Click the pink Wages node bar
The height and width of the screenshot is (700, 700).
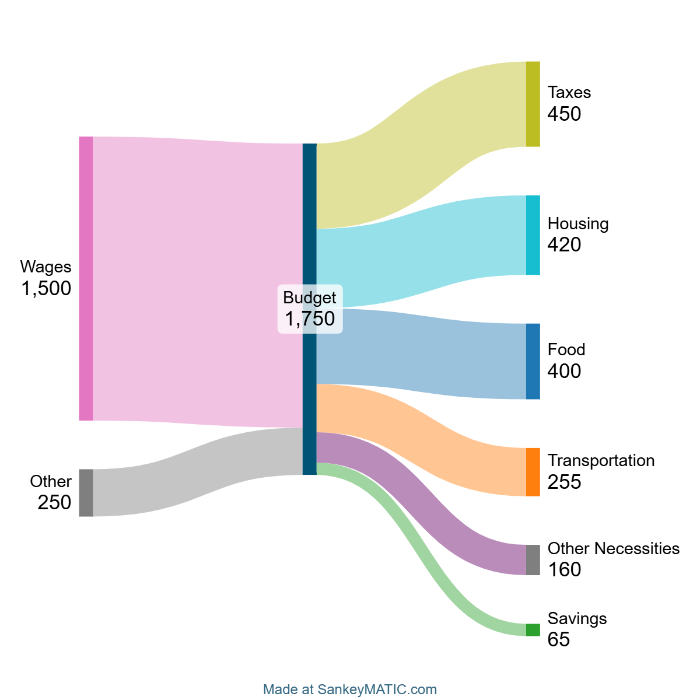click(x=86, y=278)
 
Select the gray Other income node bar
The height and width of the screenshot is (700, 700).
click(x=86, y=492)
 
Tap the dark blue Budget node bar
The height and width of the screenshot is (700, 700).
click(x=310, y=233)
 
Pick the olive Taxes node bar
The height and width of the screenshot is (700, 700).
click(x=533, y=104)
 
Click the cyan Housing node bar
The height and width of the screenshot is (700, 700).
click(x=533, y=235)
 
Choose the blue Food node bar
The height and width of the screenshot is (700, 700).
click(x=533, y=361)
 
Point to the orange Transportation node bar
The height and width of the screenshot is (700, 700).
click(x=533, y=472)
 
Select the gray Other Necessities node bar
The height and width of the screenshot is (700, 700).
click(x=533, y=560)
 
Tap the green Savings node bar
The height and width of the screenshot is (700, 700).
click(x=533, y=630)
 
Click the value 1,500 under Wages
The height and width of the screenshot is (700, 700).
click(x=47, y=288)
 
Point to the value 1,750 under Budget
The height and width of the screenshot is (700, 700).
click(x=310, y=318)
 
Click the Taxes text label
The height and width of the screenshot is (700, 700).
click(x=569, y=93)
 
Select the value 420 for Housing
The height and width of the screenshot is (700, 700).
click(x=564, y=244)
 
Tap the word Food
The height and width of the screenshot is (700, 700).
click(x=566, y=349)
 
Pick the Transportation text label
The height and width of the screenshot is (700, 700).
click(x=601, y=460)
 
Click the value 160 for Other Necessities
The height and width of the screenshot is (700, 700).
click(x=564, y=569)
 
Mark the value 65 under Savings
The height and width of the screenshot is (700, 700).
click(x=558, y=639)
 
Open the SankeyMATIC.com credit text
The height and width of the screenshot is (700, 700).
click(x=350, y=689)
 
